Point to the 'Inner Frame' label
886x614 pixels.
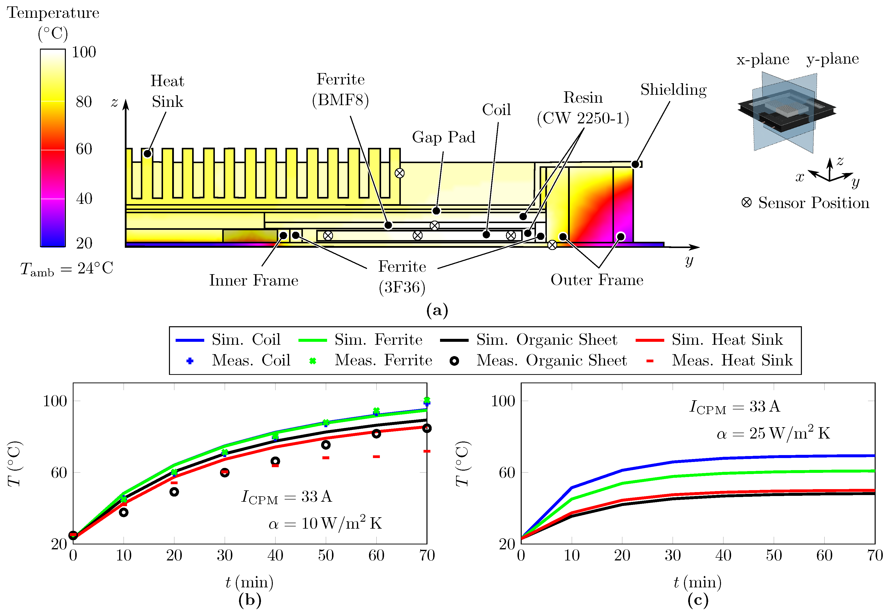(253, 280)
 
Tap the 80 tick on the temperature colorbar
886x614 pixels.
(83, 102)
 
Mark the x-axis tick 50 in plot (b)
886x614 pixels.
(326, 556)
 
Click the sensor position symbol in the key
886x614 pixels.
(746, 203)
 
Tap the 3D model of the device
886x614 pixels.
(786, 112)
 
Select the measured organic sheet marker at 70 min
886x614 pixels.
(426, 428)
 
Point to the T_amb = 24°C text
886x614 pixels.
(67, 269)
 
